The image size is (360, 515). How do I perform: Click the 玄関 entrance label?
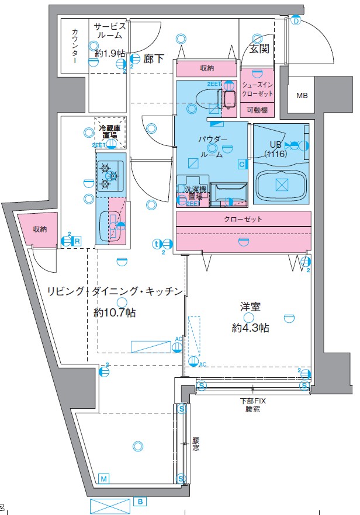(x=259, y=49)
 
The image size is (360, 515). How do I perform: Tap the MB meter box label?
(x=302, y=96)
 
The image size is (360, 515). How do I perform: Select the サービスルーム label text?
(x=110, y=30)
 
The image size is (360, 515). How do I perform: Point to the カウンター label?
(x=75, y=46)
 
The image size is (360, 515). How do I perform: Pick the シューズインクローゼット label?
(x=257, y=88)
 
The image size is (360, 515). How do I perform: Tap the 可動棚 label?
(x=257, y=110)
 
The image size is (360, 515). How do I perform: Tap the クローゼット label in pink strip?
(x=243, y=219)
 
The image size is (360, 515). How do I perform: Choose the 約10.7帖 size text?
(x=115, y=313)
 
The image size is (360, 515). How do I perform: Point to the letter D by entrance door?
(x=296, y=22)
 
